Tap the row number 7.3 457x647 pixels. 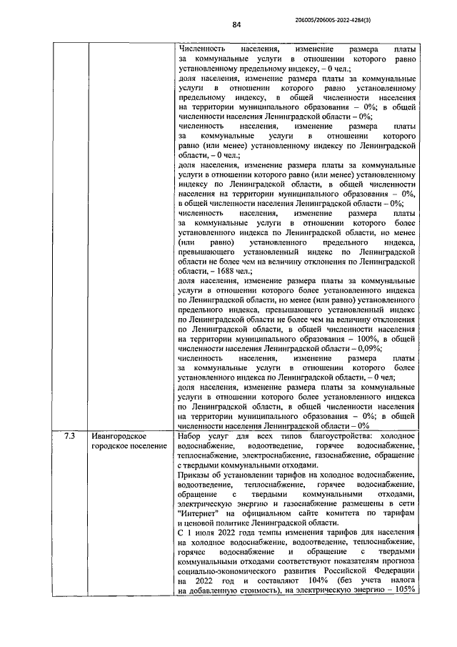point(69,435)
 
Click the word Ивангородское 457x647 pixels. point(119,435)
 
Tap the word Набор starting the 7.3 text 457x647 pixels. point(190,435)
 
